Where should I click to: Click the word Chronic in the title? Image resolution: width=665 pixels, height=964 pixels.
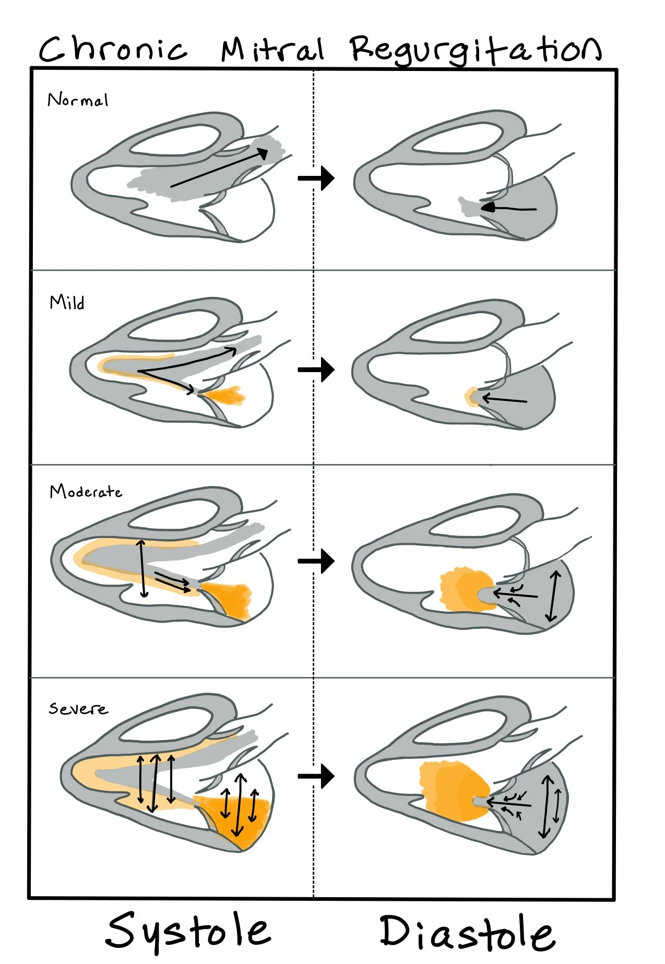coord(113,50)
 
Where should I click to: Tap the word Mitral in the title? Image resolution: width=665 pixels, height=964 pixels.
coord(272,50)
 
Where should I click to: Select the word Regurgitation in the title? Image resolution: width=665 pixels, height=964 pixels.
coord(475,50)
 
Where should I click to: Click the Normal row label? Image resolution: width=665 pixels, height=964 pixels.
coord(78,100)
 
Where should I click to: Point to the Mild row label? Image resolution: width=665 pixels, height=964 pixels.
coord(67,302)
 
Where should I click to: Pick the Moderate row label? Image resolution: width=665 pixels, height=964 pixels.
coord(86,492)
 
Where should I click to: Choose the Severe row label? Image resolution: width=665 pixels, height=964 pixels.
coord(78,708)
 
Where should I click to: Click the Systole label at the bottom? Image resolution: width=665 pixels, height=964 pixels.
coord(188,932)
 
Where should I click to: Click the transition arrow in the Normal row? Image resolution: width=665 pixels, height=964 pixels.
coord(316,178)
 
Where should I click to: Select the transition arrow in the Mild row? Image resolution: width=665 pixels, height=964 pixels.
coord(316,370)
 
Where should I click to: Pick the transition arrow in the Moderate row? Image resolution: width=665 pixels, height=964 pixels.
coord(316,561)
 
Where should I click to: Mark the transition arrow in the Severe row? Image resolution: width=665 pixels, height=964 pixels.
coord(316,776)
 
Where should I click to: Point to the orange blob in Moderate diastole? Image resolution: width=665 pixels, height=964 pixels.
coord(462,590)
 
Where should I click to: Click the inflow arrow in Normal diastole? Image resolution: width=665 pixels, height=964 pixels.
coord(508,209)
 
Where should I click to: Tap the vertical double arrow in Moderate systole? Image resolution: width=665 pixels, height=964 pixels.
coord(142,569)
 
